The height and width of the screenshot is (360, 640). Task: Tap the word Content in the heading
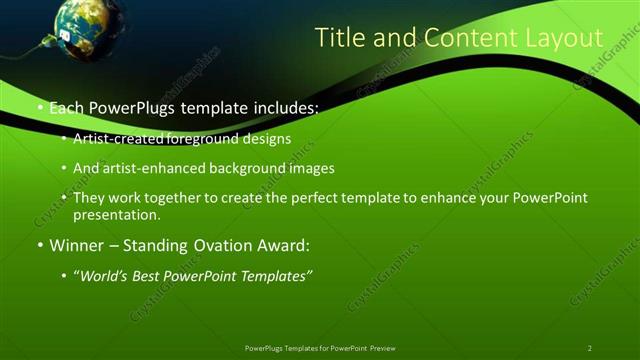[x=468, y=38]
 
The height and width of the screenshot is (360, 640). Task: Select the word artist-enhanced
[x=142, y=169]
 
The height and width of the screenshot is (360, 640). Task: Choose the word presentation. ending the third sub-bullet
[x=117, y=214]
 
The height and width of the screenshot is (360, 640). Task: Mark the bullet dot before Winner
[x=39, y=245]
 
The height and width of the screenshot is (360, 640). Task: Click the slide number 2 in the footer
[x=590, y=348]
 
